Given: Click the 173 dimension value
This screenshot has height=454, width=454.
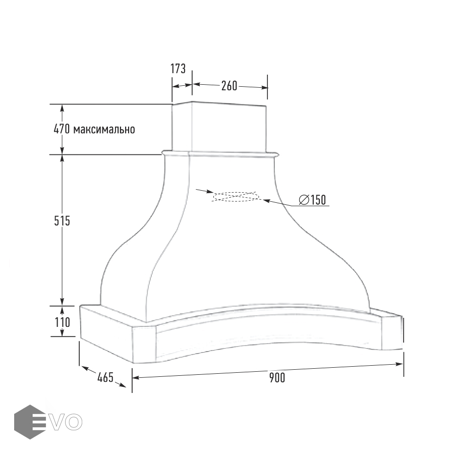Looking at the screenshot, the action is (178, 69).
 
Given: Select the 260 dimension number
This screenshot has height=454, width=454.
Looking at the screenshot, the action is (230, 86).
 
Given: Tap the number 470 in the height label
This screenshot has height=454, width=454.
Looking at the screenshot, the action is (62, 129).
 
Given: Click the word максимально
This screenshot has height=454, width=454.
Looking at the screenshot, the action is (104, 130).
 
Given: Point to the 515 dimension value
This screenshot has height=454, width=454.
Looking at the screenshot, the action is (62, 221).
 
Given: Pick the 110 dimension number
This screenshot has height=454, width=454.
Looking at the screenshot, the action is (63, 322).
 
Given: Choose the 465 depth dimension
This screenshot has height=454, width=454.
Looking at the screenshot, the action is (105, 377).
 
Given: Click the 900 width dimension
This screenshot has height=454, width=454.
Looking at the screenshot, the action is (277, 377).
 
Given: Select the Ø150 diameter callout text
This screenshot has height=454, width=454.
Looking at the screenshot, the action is (312, 200).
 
